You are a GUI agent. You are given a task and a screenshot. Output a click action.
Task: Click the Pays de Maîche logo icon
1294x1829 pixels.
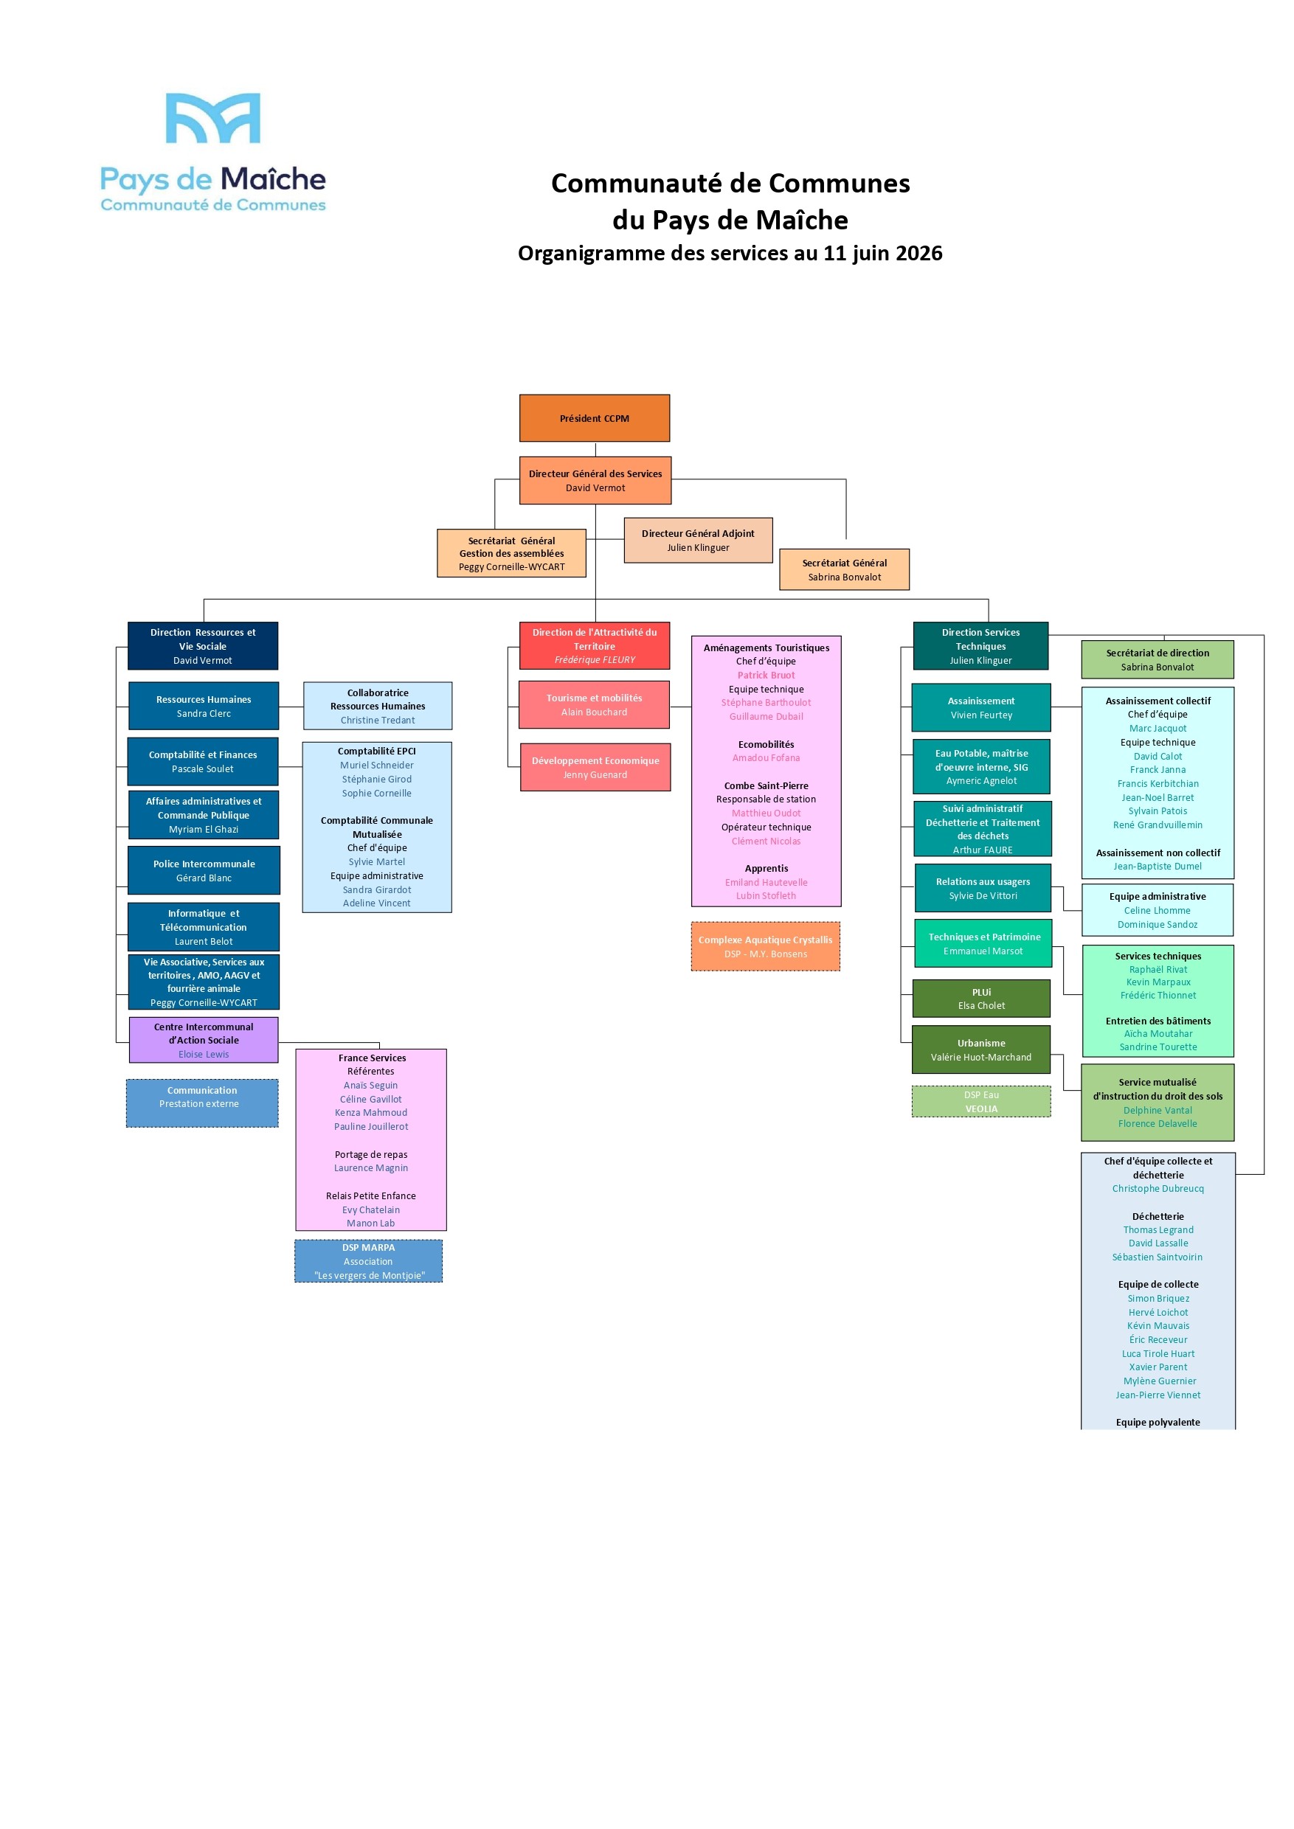coord(212,118)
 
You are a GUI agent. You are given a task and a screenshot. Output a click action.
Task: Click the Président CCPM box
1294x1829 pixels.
coord(595,418)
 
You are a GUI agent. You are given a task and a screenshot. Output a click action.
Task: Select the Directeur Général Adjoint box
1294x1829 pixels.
coord(698,540)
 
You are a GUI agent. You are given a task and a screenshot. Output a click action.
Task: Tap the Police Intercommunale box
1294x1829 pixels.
coord(204,871)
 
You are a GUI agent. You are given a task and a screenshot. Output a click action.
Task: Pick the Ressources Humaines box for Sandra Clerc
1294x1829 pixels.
coord(204,706)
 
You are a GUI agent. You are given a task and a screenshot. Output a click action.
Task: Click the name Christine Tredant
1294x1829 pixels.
coord(378,720)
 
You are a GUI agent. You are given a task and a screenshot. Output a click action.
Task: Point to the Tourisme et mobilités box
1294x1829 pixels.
coord(595,705)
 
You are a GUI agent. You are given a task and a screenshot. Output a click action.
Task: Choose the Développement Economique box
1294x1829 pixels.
coord(595,767)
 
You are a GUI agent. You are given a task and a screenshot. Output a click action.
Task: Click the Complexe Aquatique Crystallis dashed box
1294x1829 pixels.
coord(766,946)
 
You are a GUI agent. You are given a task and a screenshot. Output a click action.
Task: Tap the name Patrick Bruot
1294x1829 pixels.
coord(766,676)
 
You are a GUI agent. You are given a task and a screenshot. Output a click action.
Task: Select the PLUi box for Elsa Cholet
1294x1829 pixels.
coord(982,999)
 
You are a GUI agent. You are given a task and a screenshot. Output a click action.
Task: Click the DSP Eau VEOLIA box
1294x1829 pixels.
coord(982,1102)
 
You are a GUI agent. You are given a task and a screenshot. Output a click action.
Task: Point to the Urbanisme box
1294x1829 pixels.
coord(982,1050)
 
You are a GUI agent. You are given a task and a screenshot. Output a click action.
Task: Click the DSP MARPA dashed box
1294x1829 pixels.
coord(369,1261)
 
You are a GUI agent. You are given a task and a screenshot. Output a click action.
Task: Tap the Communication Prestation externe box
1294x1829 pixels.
coord(202,1103)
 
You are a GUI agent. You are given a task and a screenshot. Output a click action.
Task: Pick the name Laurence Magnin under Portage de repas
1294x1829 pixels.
coord(371,1167)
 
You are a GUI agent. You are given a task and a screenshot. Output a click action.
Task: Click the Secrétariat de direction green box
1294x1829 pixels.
coord(1158,659)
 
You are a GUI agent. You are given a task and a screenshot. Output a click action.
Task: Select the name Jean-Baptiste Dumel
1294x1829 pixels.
coord(1158,867)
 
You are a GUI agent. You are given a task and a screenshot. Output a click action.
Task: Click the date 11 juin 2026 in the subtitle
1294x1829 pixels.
coord(883,253)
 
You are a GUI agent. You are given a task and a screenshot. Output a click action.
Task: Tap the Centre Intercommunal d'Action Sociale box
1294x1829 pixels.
coord(204,1040)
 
